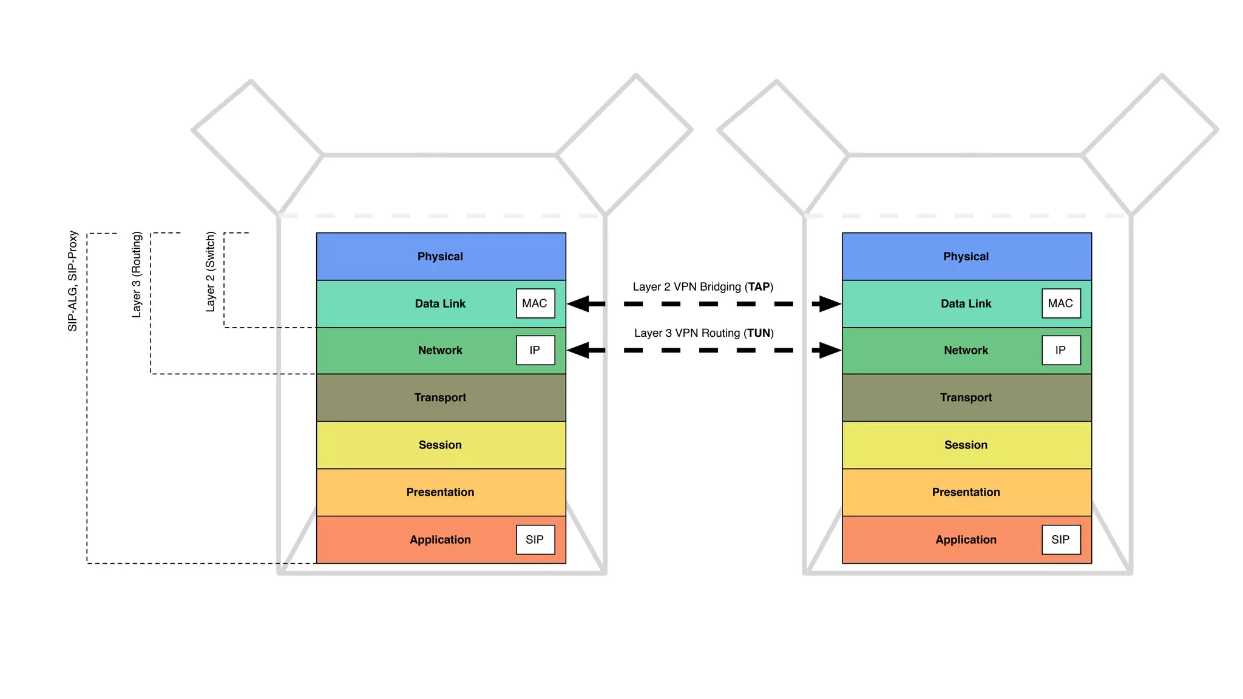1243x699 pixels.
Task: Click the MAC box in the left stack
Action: point(535,303)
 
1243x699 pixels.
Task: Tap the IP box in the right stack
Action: point(1061,350)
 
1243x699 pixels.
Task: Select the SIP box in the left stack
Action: point(535,539)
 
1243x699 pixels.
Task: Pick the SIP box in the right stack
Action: point(1061,539)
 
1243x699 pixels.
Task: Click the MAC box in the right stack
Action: point(1061,303)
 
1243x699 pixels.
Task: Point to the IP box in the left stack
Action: point(535,350)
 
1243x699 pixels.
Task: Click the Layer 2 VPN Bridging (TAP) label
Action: point(703,286)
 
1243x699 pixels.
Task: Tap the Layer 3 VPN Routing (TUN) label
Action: point(703,333)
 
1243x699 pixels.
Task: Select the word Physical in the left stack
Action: point(440,257)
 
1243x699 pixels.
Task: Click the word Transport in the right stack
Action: point(966,397)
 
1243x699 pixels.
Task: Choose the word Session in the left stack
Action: point(440,445)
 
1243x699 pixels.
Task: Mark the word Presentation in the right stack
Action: point(966,492)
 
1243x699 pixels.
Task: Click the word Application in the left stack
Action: point(440,539)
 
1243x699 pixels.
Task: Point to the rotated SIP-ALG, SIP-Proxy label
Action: point(73,281)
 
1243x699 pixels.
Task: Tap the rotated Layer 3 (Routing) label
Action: point(137,274)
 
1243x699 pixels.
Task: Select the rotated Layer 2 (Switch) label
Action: point(210,272)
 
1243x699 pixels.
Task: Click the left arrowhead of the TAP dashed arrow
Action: point(579,303)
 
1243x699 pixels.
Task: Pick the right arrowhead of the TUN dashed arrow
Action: point(829,350)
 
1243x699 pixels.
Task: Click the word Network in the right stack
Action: point(966,350)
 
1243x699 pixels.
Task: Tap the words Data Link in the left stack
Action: point(440,303)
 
